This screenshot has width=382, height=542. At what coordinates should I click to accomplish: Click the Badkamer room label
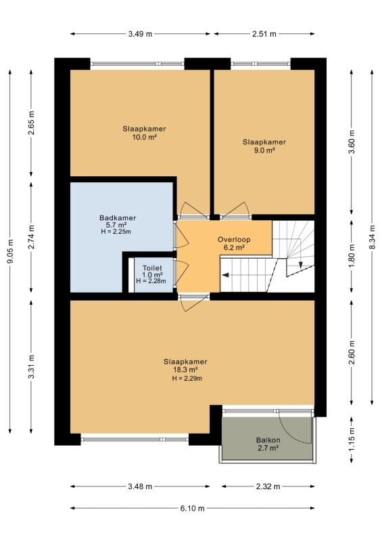[118, 218]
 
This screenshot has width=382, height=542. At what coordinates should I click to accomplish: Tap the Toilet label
[152, 268]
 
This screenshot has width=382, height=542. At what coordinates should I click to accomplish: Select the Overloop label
[234, 240]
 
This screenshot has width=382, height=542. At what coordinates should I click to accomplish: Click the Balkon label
[268, 440]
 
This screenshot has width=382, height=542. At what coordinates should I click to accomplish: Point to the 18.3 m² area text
[185, 370]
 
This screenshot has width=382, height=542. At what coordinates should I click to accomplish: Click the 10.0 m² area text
[145, 137]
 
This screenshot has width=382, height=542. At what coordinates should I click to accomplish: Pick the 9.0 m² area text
[264, 150]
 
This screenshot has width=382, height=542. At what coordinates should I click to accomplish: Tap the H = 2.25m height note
[116, 232]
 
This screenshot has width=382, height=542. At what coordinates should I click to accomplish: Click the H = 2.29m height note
[187, 378]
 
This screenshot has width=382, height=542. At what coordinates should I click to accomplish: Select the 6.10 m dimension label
[192, 508]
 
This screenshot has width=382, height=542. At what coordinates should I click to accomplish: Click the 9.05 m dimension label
[10, 251]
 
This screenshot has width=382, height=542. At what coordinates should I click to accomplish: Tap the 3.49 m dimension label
[140, 34]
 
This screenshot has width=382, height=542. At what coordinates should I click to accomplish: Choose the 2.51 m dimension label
[264, 34]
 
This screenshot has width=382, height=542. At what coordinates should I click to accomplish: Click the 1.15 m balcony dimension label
[352, 439]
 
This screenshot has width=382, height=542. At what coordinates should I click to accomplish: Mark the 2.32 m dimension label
[268, 486]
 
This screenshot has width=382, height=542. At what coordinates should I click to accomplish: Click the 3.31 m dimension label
[31, 367]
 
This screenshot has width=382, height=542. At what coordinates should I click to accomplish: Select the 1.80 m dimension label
[352, 256]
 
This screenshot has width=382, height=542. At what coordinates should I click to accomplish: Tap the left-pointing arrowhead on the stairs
[225, 275]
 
